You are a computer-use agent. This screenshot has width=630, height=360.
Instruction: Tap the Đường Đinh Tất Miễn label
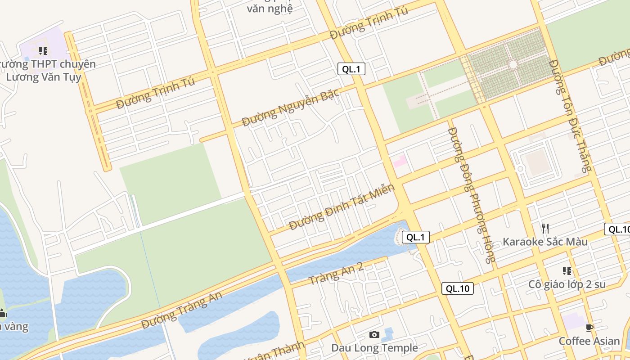[x=342, y=207]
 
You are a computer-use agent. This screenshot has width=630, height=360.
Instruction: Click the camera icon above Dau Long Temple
[x=374, y=334]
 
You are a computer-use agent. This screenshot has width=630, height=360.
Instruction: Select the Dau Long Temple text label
[x=374, y=348]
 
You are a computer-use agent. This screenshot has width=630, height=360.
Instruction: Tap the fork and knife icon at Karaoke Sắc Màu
[x=545, y=228]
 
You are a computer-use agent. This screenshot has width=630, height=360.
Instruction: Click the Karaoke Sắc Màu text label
[x=545, y=242]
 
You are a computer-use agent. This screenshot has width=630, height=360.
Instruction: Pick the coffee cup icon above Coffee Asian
[x=589, y=328]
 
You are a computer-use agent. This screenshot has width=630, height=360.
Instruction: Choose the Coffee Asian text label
[x=589, y=341]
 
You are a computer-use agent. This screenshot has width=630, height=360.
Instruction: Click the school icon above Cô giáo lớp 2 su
[x=567, y=271]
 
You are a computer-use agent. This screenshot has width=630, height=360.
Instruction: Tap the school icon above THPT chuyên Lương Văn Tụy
[x=43, y=50]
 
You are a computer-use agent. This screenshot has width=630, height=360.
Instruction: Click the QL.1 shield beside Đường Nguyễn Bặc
[x=351, y=69]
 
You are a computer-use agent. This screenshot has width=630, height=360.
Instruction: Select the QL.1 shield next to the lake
[x=415, y=237]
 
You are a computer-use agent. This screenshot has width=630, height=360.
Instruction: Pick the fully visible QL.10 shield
[x=458, y=288]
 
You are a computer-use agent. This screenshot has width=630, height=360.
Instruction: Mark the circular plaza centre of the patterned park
[x=513, y=65]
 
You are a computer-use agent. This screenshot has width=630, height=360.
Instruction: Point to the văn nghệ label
[x=270, y=8]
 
